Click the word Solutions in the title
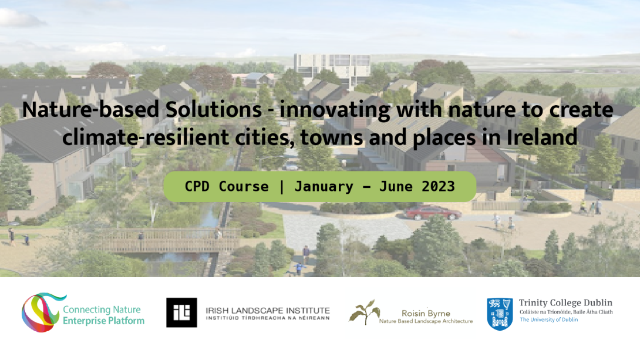coord(213,109)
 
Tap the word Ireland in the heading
coord(542,137)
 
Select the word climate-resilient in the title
coord(145,137)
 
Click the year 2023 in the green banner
coord(438,187)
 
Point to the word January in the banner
coord(324,187)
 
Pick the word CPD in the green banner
coord(197,187)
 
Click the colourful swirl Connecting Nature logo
coord(42,312)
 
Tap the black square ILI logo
coord(181,312)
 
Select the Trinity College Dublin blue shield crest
coord(500,314)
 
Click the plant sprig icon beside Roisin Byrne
coord(365,312)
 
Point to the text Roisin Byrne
coord(426,314)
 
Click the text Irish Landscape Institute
coord(268,311)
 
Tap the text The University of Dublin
coord(548,319)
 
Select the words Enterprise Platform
coord(104,321)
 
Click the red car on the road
coord(432,212)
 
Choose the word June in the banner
coord(396,187)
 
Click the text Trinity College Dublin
coord(565,303)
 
